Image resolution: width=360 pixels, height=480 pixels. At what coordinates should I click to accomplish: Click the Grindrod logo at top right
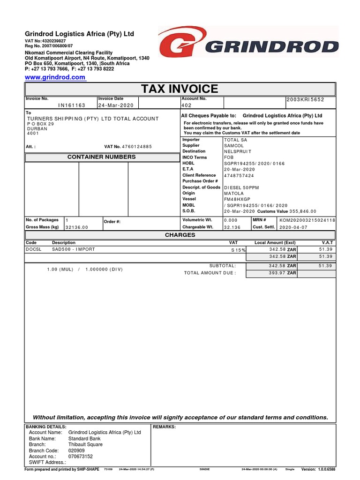(x=248, y=47)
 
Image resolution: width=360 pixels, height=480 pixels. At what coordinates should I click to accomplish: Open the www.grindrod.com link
(x=55, y=77)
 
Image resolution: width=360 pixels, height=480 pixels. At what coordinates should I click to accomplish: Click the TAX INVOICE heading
(x=180, y=89)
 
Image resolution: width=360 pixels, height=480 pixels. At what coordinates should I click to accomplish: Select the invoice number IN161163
(x=72, y=105)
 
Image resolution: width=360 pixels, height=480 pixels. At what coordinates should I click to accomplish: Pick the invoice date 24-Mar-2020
(x=116, y=105)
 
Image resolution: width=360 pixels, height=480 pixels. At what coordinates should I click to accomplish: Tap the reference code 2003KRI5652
(x=305, y=100)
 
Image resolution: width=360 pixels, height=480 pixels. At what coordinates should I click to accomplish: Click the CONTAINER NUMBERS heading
(x=102, y=157)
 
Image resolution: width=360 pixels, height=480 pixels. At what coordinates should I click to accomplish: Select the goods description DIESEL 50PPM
(x=241, y=187)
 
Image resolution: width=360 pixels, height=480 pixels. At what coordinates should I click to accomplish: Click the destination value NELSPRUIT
(x=238, y=152)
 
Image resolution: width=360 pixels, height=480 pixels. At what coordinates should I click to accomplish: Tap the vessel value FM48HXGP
(x=237, y=199)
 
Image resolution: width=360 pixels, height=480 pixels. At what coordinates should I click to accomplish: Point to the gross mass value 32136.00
(x=76, y=227)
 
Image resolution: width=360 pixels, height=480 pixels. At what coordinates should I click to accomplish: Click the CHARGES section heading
(x=180, y=235)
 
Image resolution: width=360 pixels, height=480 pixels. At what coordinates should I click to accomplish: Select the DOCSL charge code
(x=33, y=249)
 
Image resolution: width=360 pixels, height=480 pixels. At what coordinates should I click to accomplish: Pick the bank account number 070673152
(x=81, y=456)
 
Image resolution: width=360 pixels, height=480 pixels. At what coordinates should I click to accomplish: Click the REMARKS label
(x=165, y=427)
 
